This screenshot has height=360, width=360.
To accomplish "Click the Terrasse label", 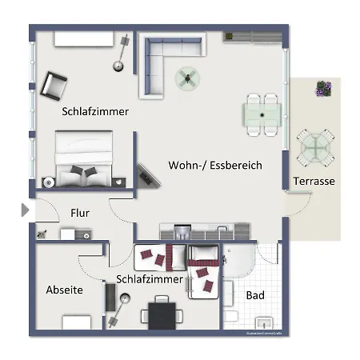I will coord(314,182).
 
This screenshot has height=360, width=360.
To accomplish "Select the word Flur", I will coord(79,214).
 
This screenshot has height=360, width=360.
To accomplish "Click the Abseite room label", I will coord(64,290).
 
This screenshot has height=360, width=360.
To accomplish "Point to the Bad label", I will coord(255,296).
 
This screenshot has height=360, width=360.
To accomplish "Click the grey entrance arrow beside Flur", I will coord(25,210).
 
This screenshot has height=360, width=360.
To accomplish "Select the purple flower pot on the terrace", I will coord(323,88).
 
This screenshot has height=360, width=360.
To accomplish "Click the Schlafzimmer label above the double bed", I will coord(95,112).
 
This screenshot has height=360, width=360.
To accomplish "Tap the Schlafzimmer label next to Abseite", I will coord(150,279).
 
